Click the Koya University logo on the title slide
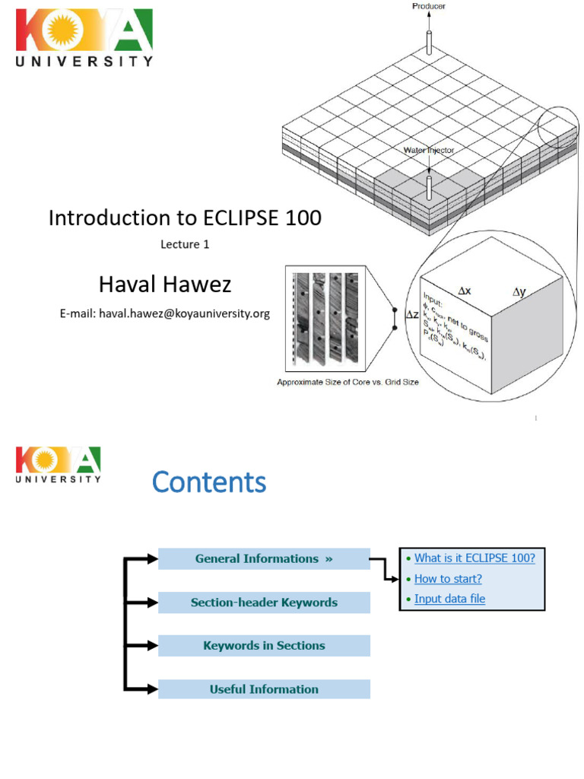[x=84, y=38]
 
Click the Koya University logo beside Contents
[x=59, y=465]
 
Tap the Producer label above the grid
[x=429, y=6]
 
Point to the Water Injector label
[x=429, y=151]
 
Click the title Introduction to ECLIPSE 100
[x=185, y=218]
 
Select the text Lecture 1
[x=184, y=244]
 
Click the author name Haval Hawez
[x=165, y=285]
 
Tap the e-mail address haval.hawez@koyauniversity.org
[x=165, y=313]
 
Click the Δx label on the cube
[x=464, y=290]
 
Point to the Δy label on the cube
[x=519, y=291]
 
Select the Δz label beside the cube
[x=411, y=314]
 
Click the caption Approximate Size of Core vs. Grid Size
[x=347, y=382]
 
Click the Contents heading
[x=209, y=482]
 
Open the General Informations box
[x=264, y=558]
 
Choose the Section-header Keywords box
[x=264, y=603]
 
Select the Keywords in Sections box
[x=264, y=646]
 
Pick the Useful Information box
[x=264, y=689]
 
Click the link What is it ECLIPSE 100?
[x=474, y=558]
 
